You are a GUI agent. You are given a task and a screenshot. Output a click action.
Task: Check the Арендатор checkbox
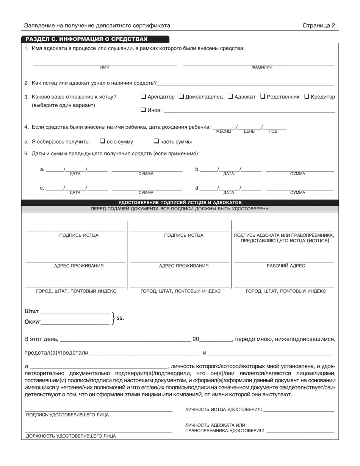pos(143,96)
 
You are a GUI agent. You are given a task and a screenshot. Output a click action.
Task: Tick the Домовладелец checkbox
pos(181,96)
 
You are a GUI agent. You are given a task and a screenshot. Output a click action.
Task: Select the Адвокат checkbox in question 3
pos(230,96)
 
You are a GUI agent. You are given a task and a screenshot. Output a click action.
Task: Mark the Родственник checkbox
pos(263,96)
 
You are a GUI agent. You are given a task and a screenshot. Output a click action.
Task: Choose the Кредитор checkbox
pos(307,96)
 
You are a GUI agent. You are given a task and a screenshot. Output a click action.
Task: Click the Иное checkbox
pos(143,110)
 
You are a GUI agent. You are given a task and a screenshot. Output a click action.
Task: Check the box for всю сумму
pos(102,141)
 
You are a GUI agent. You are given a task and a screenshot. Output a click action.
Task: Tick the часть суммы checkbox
pos(156,141)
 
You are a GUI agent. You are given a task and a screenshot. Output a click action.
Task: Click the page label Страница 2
pos(319,25)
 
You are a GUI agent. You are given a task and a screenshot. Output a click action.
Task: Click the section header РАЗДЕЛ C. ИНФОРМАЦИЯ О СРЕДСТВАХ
pos(86,39)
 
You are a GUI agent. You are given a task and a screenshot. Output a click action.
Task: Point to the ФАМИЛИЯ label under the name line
pos(261,67)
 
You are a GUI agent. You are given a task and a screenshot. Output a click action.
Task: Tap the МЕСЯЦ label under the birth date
pos(224,131)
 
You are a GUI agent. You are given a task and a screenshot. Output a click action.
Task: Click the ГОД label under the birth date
pos(273,131)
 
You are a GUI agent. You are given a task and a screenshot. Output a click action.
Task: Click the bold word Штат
pos(31,311)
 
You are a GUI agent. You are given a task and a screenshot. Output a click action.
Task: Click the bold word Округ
pos(33,322)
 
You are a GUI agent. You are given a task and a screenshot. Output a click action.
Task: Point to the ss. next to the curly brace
pos(120,318)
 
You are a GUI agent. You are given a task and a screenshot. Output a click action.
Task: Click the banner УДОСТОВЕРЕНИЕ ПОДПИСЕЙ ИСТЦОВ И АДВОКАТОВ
pos(180,202)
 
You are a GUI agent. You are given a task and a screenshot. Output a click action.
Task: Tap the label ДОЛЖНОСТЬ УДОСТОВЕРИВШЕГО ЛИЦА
pos(71,436)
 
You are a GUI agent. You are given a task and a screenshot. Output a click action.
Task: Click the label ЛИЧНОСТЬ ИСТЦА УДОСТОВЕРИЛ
pos(224,410)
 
